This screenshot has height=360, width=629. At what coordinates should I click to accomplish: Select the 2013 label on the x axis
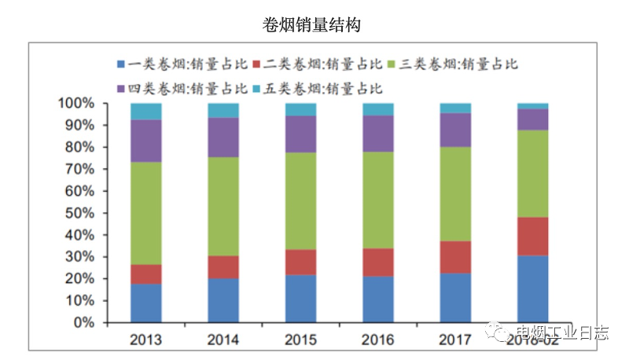coord(145,340)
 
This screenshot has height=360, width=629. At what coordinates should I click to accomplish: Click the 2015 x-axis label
coord(300,340)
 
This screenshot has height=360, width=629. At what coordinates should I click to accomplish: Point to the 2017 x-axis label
coord(455,340)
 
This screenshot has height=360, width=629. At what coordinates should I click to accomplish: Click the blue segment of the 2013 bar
coord(145,303)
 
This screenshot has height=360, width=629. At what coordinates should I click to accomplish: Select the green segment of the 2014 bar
coord(223,207)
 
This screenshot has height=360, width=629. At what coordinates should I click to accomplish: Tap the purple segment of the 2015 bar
coord(300,134)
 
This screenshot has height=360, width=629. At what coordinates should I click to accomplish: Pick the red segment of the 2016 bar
coord(377,263)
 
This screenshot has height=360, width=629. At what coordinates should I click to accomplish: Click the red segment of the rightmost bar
coord(532,236)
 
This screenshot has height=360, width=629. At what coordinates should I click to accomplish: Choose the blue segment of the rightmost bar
coord(532,288)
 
